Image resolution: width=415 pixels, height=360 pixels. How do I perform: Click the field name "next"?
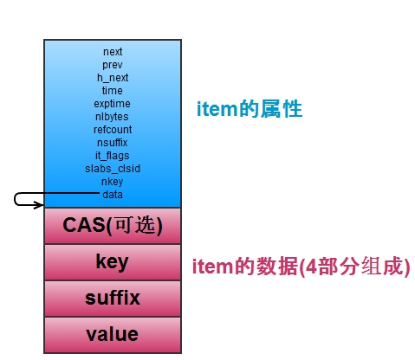tap(113, 52)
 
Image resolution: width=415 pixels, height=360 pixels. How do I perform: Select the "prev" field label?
tap(113, 65)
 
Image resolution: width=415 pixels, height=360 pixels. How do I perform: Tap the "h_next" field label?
tap(113, 78)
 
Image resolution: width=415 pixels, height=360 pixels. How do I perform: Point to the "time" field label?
tap(113, 91)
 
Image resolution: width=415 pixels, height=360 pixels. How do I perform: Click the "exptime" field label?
tap(112, 104)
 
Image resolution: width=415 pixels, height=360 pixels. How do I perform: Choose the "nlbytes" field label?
tap(112, 117)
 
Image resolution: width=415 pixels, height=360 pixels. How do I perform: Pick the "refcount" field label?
tap(113, 130)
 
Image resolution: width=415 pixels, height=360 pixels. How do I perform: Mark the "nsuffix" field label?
tap(113, 143)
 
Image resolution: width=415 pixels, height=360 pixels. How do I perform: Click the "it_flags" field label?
tap(113, 156)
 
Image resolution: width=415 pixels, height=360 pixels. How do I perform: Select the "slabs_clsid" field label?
tap(113, 169)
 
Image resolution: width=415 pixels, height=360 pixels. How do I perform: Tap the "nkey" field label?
tap(113, 182)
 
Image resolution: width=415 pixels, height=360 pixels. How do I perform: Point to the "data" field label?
tap(113, 195)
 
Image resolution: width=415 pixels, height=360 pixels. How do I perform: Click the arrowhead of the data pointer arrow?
tap(42, 205)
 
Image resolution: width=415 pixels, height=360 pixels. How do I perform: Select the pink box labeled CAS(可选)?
tap(113, 226)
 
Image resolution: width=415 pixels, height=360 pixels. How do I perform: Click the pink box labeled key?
tap(113, 262)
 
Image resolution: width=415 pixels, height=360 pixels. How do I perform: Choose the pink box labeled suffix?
tap(113, 299)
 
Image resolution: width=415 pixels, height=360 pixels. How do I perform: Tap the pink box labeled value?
tap(113, 335)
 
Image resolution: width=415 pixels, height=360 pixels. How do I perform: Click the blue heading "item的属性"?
tap(250, 109)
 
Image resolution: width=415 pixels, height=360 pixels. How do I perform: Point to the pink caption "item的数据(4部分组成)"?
tap(302, 267)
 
